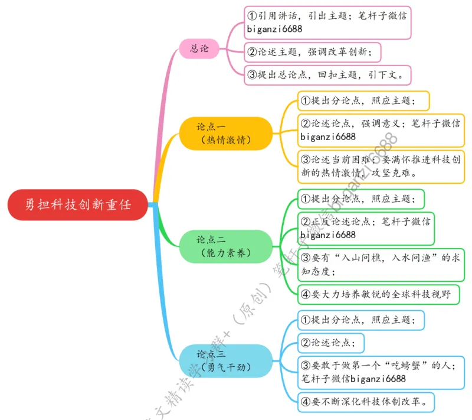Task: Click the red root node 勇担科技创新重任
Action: click(78, 205)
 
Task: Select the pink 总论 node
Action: click(199, 48)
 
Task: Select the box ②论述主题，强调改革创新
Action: click(313, 52)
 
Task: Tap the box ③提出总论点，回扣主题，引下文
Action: click(327, 75)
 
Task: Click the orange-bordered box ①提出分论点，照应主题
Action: click(362, 101)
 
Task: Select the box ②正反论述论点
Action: click(366, 228)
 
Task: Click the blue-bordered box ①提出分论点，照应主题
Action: click(360, 320)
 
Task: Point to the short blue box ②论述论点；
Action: click(330, 343)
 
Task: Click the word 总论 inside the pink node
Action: click(199, 48)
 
